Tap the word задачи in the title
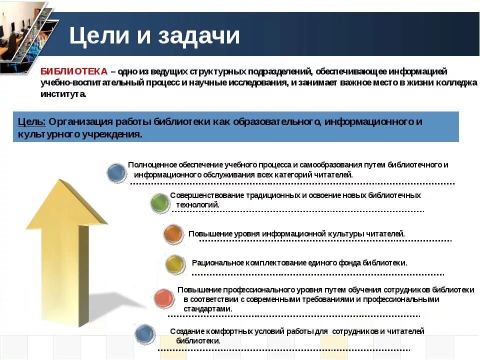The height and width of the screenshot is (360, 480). pos(199,36)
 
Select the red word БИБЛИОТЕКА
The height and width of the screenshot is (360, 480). pos(73,71)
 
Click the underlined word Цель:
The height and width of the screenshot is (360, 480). pos(31,122)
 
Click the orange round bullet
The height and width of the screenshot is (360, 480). pos(173,234)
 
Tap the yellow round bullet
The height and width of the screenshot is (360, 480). pos(175,263)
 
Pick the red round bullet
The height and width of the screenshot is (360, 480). pos(164,298)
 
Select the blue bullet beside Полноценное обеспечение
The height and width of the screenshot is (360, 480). pos(116,173)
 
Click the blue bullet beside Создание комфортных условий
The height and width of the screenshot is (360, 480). pos(145,334)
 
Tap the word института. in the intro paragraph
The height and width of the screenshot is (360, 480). pos(63,94)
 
